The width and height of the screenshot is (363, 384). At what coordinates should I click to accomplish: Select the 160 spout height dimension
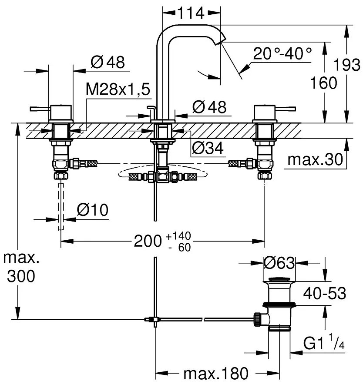click(x=324, y=82)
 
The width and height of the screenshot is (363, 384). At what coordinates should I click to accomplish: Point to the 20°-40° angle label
click(x=283, y=54)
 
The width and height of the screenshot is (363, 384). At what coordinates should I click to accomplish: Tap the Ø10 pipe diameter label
click(x=92, y=210)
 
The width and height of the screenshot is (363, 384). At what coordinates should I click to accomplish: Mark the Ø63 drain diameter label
click(x=279, y=263)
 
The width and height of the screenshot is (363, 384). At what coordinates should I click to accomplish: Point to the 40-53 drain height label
click(x=325, y=294)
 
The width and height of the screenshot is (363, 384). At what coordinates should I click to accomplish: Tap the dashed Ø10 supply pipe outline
click(x=61, y=206)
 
